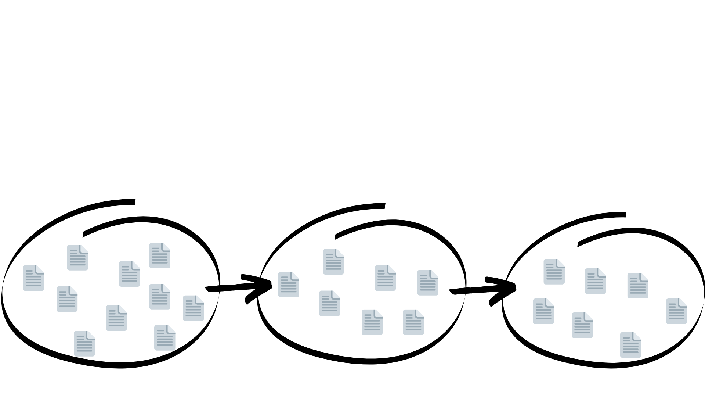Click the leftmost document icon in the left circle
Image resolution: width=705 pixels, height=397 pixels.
click(33, 278)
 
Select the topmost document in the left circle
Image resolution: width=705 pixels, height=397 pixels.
click(160, 255)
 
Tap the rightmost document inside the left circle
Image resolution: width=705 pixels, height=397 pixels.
click(194, 308)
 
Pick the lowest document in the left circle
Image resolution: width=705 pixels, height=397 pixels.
click(84, 344)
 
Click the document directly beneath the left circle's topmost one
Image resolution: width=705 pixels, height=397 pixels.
click(160, 296)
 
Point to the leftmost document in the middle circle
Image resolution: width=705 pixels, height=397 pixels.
click(289, 284)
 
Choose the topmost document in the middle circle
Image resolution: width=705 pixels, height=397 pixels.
click(333, 262)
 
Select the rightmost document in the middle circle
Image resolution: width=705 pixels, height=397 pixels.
click(428, 282)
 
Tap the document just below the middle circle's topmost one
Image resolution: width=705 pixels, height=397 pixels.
click(329, 303)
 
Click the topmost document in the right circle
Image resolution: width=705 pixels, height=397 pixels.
click(554, 271)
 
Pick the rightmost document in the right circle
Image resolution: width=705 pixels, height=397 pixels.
click(676, 311)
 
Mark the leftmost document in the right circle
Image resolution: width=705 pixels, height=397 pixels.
click(543, 311)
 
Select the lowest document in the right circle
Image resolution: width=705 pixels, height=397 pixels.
click(630, 345)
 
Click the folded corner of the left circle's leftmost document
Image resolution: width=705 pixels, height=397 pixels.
click(40, 269)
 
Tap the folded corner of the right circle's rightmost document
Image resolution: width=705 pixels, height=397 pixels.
click(683, 302)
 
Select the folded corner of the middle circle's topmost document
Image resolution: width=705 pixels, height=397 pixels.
click(340, 253)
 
